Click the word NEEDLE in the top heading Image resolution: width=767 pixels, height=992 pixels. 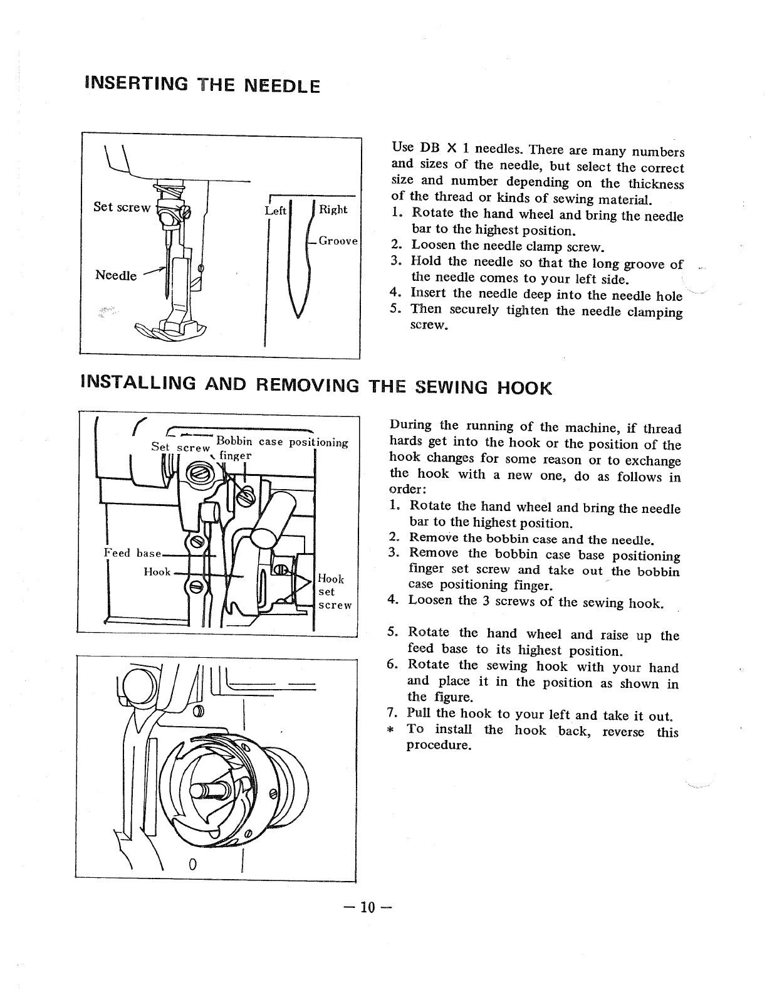click(x=271, y=85)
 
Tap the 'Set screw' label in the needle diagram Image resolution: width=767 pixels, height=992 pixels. click(x=122, y=207)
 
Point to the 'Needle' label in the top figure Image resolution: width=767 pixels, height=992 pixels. click(x=116, y=275)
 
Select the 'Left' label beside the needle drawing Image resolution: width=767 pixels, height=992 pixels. click(x=275, y=211)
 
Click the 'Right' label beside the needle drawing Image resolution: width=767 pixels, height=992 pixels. click(x=333, y=209)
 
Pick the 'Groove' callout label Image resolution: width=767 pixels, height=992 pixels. click(x=338, y=241)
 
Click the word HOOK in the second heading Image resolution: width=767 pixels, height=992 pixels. click(x=524, y=388)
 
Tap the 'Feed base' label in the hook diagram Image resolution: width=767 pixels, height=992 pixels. click(x=132, y=553)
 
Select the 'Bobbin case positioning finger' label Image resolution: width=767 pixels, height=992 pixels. click(x=282, y=443)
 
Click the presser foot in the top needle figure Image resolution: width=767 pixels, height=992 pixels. click(x=169, y=329)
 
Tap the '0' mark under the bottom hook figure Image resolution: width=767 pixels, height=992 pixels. click(x=193, y=865)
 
